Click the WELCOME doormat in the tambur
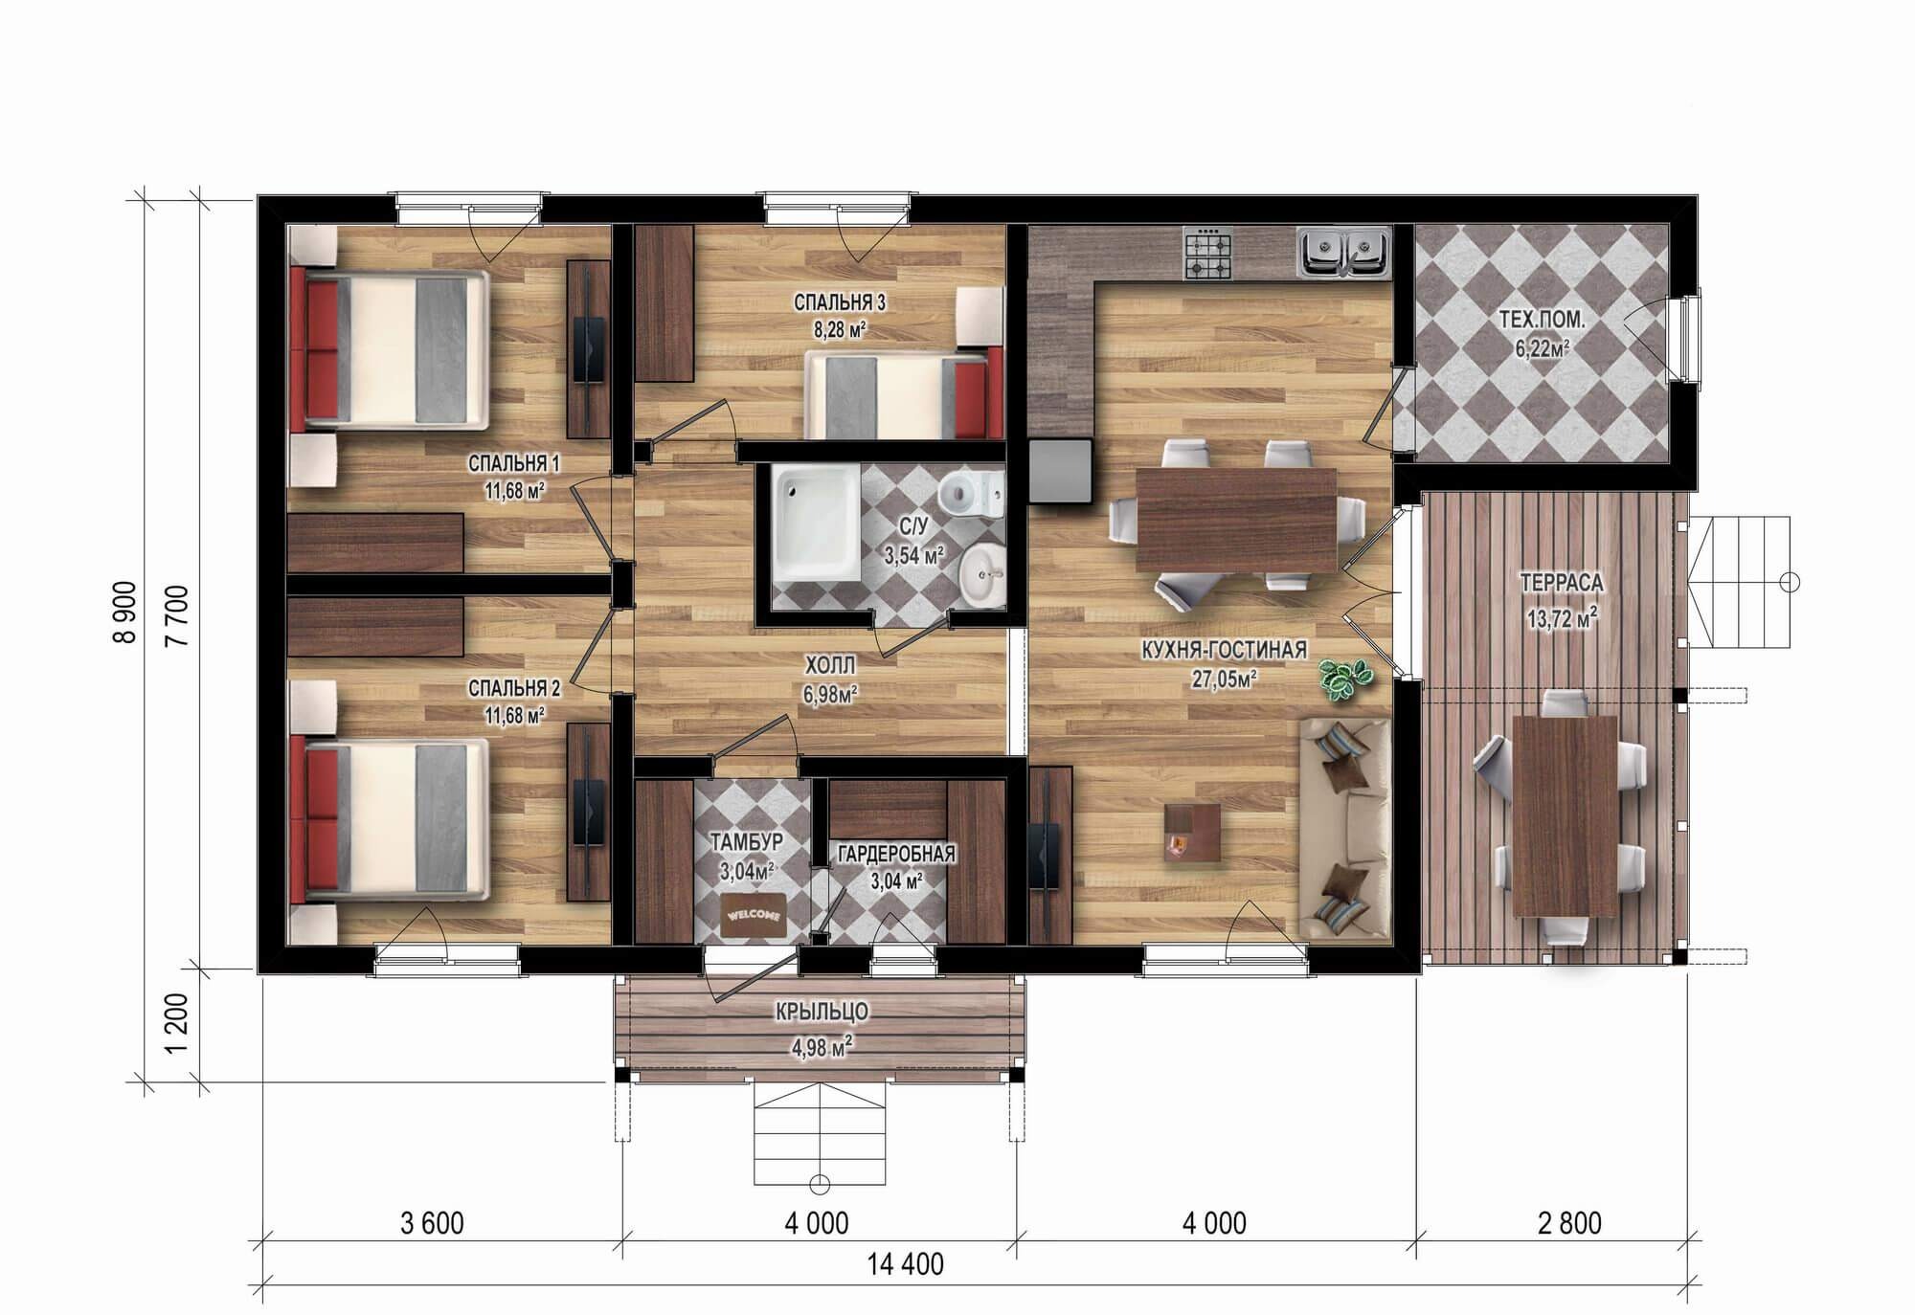755,916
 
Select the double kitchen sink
1343,252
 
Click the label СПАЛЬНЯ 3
839,303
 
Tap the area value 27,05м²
1225,678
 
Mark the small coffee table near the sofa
1192,835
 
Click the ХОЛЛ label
829,664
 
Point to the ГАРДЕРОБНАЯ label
895,854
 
